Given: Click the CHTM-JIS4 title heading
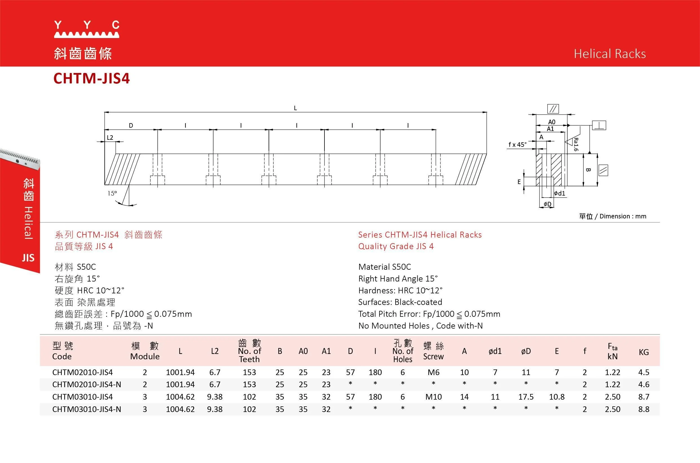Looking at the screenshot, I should pyautogui.click(x=91, y=79).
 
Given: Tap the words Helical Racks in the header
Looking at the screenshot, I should pyautogui.click(x=609, y=54).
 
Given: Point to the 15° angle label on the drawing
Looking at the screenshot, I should pyautogui.click(x=112, y=193).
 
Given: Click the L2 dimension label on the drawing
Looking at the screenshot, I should pyautogui.click(x=110, y=137).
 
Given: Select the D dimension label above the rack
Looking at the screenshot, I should pyautogui.click(x=131, y=125).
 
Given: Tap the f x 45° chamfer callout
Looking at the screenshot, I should pyautogui.click(x=517, y=145).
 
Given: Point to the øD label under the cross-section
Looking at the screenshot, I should pyautogui.click(x=547, y=204).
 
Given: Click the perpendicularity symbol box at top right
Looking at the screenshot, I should pyautogui.click(x=599, y=125).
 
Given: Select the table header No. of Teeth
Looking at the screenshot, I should pyautogui.click(x=249, y=351).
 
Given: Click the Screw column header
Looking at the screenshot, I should pyautogui.click(x=433, y=351).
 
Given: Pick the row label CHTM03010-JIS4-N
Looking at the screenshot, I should pyautogui.click(x=87, y=409).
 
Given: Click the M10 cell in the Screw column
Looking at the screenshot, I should pyautogui.click(x=433, y=397).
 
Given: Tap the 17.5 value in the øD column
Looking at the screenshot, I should pyautogui.click(x=526, y=397).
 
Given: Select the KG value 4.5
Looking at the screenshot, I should pyautogui.click(x=644, y=372).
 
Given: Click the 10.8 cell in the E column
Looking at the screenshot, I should pyautogui.click(x=557, y=397).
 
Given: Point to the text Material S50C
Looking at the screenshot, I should pyautogui.click(x=385, y=267).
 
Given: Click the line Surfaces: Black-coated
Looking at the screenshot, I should pyautogui.click(x=400, y=302).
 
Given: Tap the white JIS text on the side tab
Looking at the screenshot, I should pyautogui.click(x=28, y=258).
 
